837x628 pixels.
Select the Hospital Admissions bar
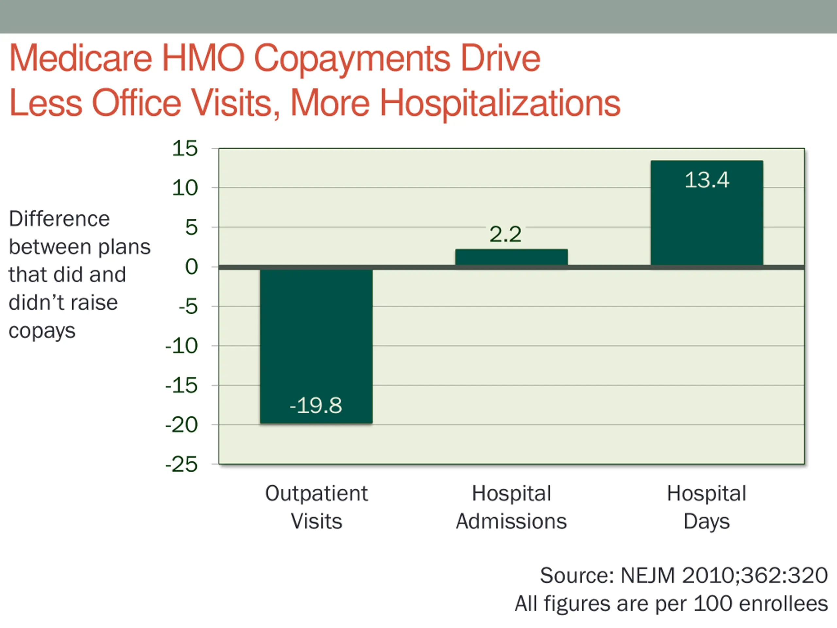coord(511,257)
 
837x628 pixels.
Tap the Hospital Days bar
coord(707,219)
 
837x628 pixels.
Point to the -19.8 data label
coord(316,405)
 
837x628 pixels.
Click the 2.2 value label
coord(505,234)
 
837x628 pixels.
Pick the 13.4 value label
coord(707,180)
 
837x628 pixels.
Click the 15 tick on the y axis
coord(185,148)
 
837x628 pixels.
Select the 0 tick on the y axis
coord(191,267)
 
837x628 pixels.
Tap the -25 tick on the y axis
coord(182,464)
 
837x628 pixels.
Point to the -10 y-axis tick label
coord(182,346)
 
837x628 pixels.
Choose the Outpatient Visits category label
coord(316,507)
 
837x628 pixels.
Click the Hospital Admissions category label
coord(511,507)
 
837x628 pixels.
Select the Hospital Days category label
coord(707,507)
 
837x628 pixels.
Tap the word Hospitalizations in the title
coord(500,103)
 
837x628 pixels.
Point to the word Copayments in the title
coord(352,59)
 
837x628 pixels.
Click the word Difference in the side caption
coord(59,219)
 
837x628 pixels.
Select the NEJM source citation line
coord(683,575)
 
